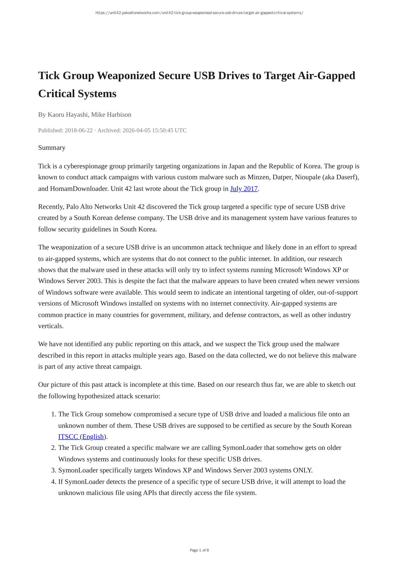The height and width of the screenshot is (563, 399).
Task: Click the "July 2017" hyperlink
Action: pos(244,189)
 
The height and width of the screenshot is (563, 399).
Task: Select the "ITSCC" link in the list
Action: pos(68,437)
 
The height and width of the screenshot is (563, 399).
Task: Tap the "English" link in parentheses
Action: pos(93,437)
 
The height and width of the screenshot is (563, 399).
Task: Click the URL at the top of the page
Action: pos(199,13)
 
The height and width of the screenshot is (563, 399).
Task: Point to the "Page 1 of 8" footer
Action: pos(199,550)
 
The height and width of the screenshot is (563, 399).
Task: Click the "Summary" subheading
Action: pos(52,147)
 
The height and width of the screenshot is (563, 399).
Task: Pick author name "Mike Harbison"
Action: pos(111,114)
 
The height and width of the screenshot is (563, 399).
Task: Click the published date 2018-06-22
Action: pos(78,130)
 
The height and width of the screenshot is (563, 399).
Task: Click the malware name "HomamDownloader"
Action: pos(79,189)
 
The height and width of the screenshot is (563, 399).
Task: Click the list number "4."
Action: pos(54,482)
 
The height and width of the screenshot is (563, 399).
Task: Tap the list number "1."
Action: pos(54,414)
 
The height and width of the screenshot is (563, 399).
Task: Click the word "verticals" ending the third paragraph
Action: pos(50,326)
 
